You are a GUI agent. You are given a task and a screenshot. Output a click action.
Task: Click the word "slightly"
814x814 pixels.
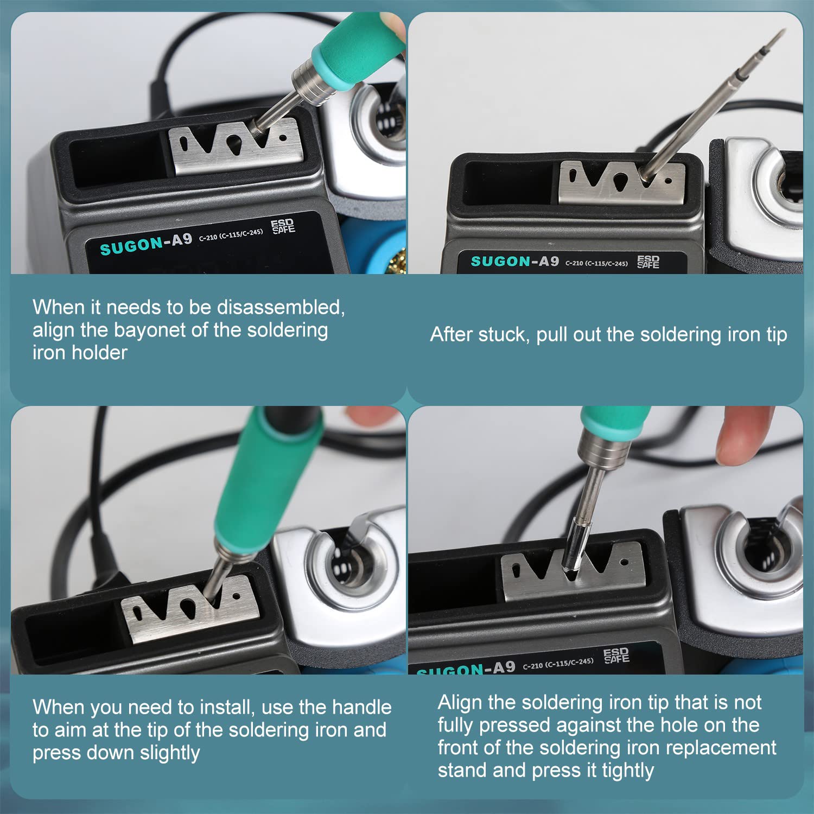click(x=170, y=753)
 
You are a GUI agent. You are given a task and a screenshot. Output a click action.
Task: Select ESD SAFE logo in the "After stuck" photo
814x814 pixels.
click(x=648, y=262)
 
